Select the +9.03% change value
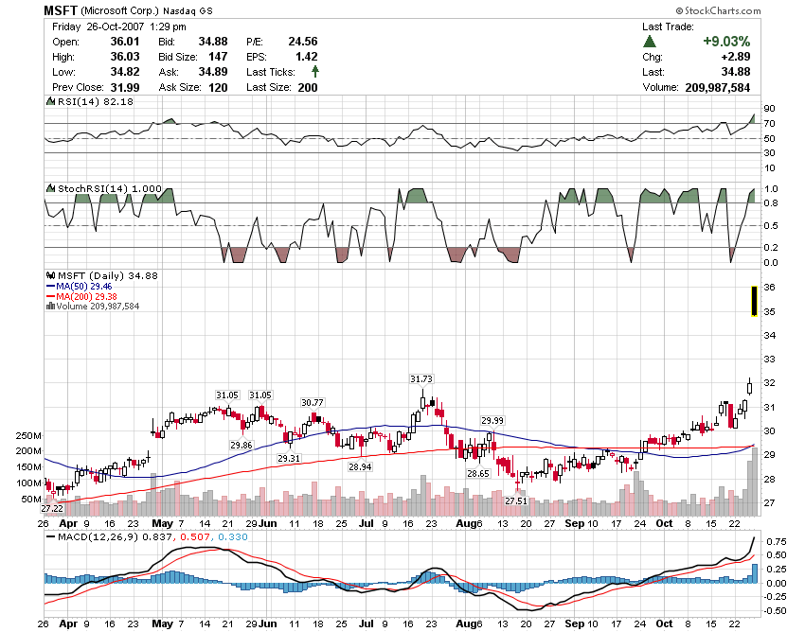click(726, 42)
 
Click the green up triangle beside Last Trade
click(649, 42)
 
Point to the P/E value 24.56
click(302, 42)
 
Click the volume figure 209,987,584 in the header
click(715, 87)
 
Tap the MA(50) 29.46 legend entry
click(80, 285)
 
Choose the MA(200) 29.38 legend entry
click(83, 295)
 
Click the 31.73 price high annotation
click(421, 378)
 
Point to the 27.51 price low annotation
click(515, 500)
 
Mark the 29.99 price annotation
click(492, 421)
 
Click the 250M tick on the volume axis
click(28, 435)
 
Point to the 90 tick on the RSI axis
click(770, 108)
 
